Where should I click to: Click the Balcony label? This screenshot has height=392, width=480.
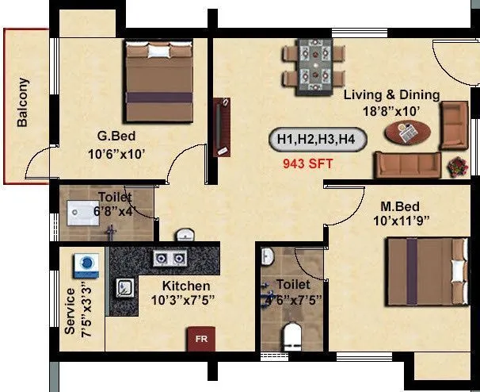point(23,102)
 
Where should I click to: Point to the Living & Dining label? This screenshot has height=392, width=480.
point(391,95)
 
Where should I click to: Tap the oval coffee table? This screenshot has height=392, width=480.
point(409,133)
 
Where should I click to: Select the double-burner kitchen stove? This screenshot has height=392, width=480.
point(170,259)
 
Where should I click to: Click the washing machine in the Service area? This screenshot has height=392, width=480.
point(84,265)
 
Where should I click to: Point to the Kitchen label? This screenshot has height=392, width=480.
point(186,286)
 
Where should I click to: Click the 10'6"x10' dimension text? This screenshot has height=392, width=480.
point(116,153)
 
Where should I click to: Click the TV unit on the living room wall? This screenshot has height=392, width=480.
point(223,127)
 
